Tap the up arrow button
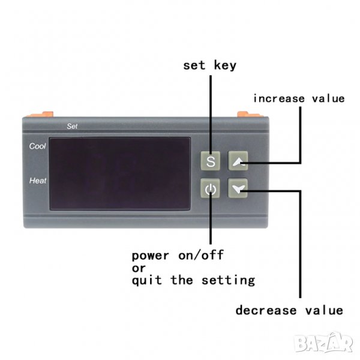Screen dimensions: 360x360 [238, 161]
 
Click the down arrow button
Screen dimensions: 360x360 [238, 188]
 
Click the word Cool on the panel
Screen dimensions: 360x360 [37, 146]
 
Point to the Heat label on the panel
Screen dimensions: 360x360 [38, 181]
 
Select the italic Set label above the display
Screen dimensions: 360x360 [72, 126]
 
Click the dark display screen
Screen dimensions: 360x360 [120, 173]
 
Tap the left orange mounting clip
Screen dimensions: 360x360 [40, 115]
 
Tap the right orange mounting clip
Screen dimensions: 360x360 [250, 115]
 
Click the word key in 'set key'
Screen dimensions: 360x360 [225, 65]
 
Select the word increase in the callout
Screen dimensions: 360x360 [279, 99]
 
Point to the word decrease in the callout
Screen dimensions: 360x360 [266, 310]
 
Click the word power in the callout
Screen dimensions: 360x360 [151, 256]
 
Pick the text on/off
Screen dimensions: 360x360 [201, 255]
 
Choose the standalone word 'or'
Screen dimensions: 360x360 [139, 268]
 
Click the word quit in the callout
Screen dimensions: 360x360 [147, 281]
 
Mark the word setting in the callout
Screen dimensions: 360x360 [228, 280]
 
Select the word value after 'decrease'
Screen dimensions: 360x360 [324, 310]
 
